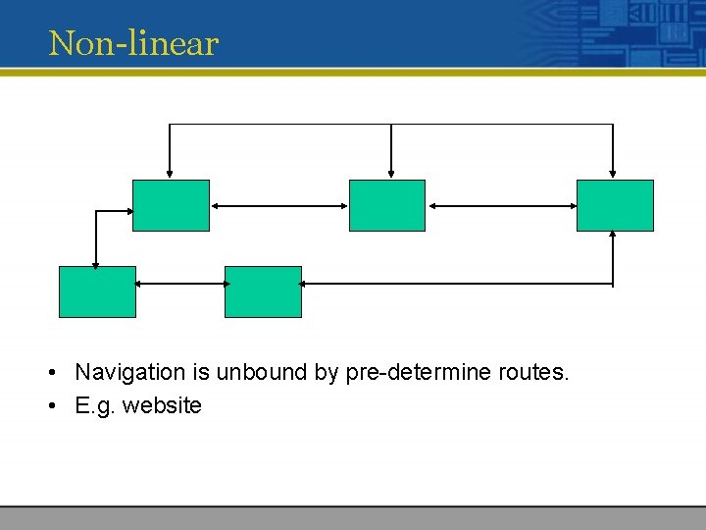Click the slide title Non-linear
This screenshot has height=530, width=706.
point(133,43)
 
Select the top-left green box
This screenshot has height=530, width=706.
point(171,205)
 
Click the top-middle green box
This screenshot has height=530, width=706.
point(387,205)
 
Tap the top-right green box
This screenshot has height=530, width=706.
point(615,205)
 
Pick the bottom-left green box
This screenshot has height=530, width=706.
point(97,291)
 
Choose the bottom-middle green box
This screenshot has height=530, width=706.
point(263,291)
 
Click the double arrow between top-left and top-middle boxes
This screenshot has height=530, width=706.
point(279,206)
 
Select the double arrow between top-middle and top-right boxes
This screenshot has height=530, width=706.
point(501,206)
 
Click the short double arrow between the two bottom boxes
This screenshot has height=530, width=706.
point(180,284)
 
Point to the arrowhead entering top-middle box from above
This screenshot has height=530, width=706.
point(391,175)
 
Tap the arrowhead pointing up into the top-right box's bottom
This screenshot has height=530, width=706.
point(613,236)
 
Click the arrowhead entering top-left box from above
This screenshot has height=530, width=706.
point(170,175)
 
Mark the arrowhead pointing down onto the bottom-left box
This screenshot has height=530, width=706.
point(95,262)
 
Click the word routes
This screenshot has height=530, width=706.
point(533,372)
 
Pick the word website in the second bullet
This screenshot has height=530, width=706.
point(162,405)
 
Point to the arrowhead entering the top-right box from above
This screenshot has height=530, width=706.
point(613,175)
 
